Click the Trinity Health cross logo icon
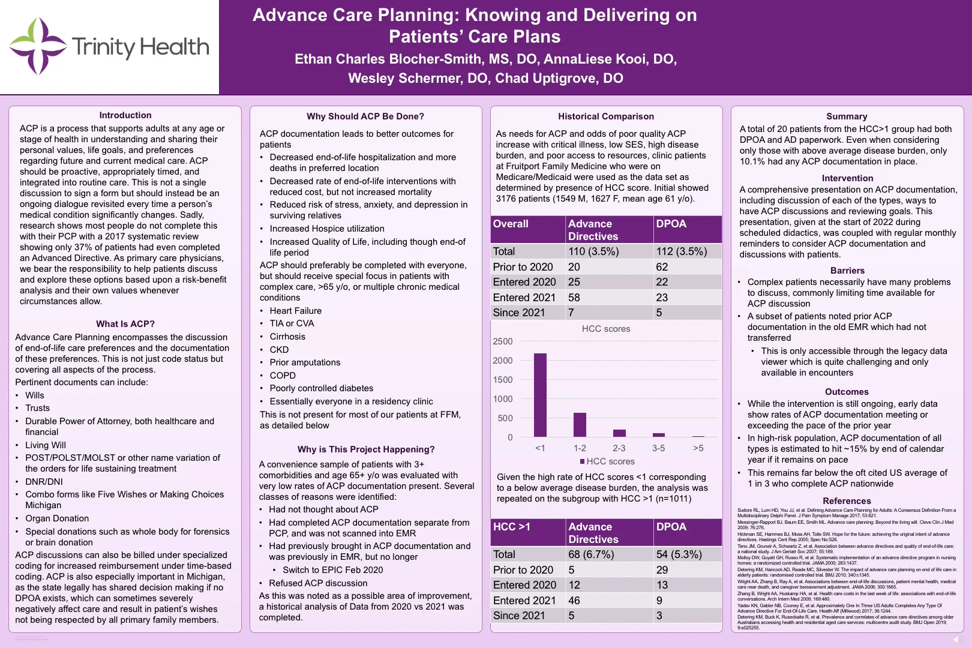pyautogui.click(x=37, y=46)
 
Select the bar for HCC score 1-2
pyautogui.click(x=580, y=424)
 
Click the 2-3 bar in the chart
pyautogui.click(x=619, y=433)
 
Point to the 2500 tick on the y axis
pyautogui.click(x=503, y=341)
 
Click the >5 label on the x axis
pyautogui.click(x=698, y=448)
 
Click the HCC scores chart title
pyautogui.click(x=606, y=329)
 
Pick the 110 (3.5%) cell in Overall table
pyautogui.click(x=593, y=251)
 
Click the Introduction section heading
pyautogui.click(x=125, y=115)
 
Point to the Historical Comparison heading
pyautogui.click(x=606, y=116)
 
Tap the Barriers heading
pyautogui.click(x=847, y=271)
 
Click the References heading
pyautogui.click(x=847, y=501)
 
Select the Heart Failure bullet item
pyautogui.click(x=295, y=311)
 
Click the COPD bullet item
pyautogui.click(x=283, y=376)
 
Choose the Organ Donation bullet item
pyautogui.click(x=57, y=518)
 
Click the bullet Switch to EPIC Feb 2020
pyautogui.click(x=332, y=570)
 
